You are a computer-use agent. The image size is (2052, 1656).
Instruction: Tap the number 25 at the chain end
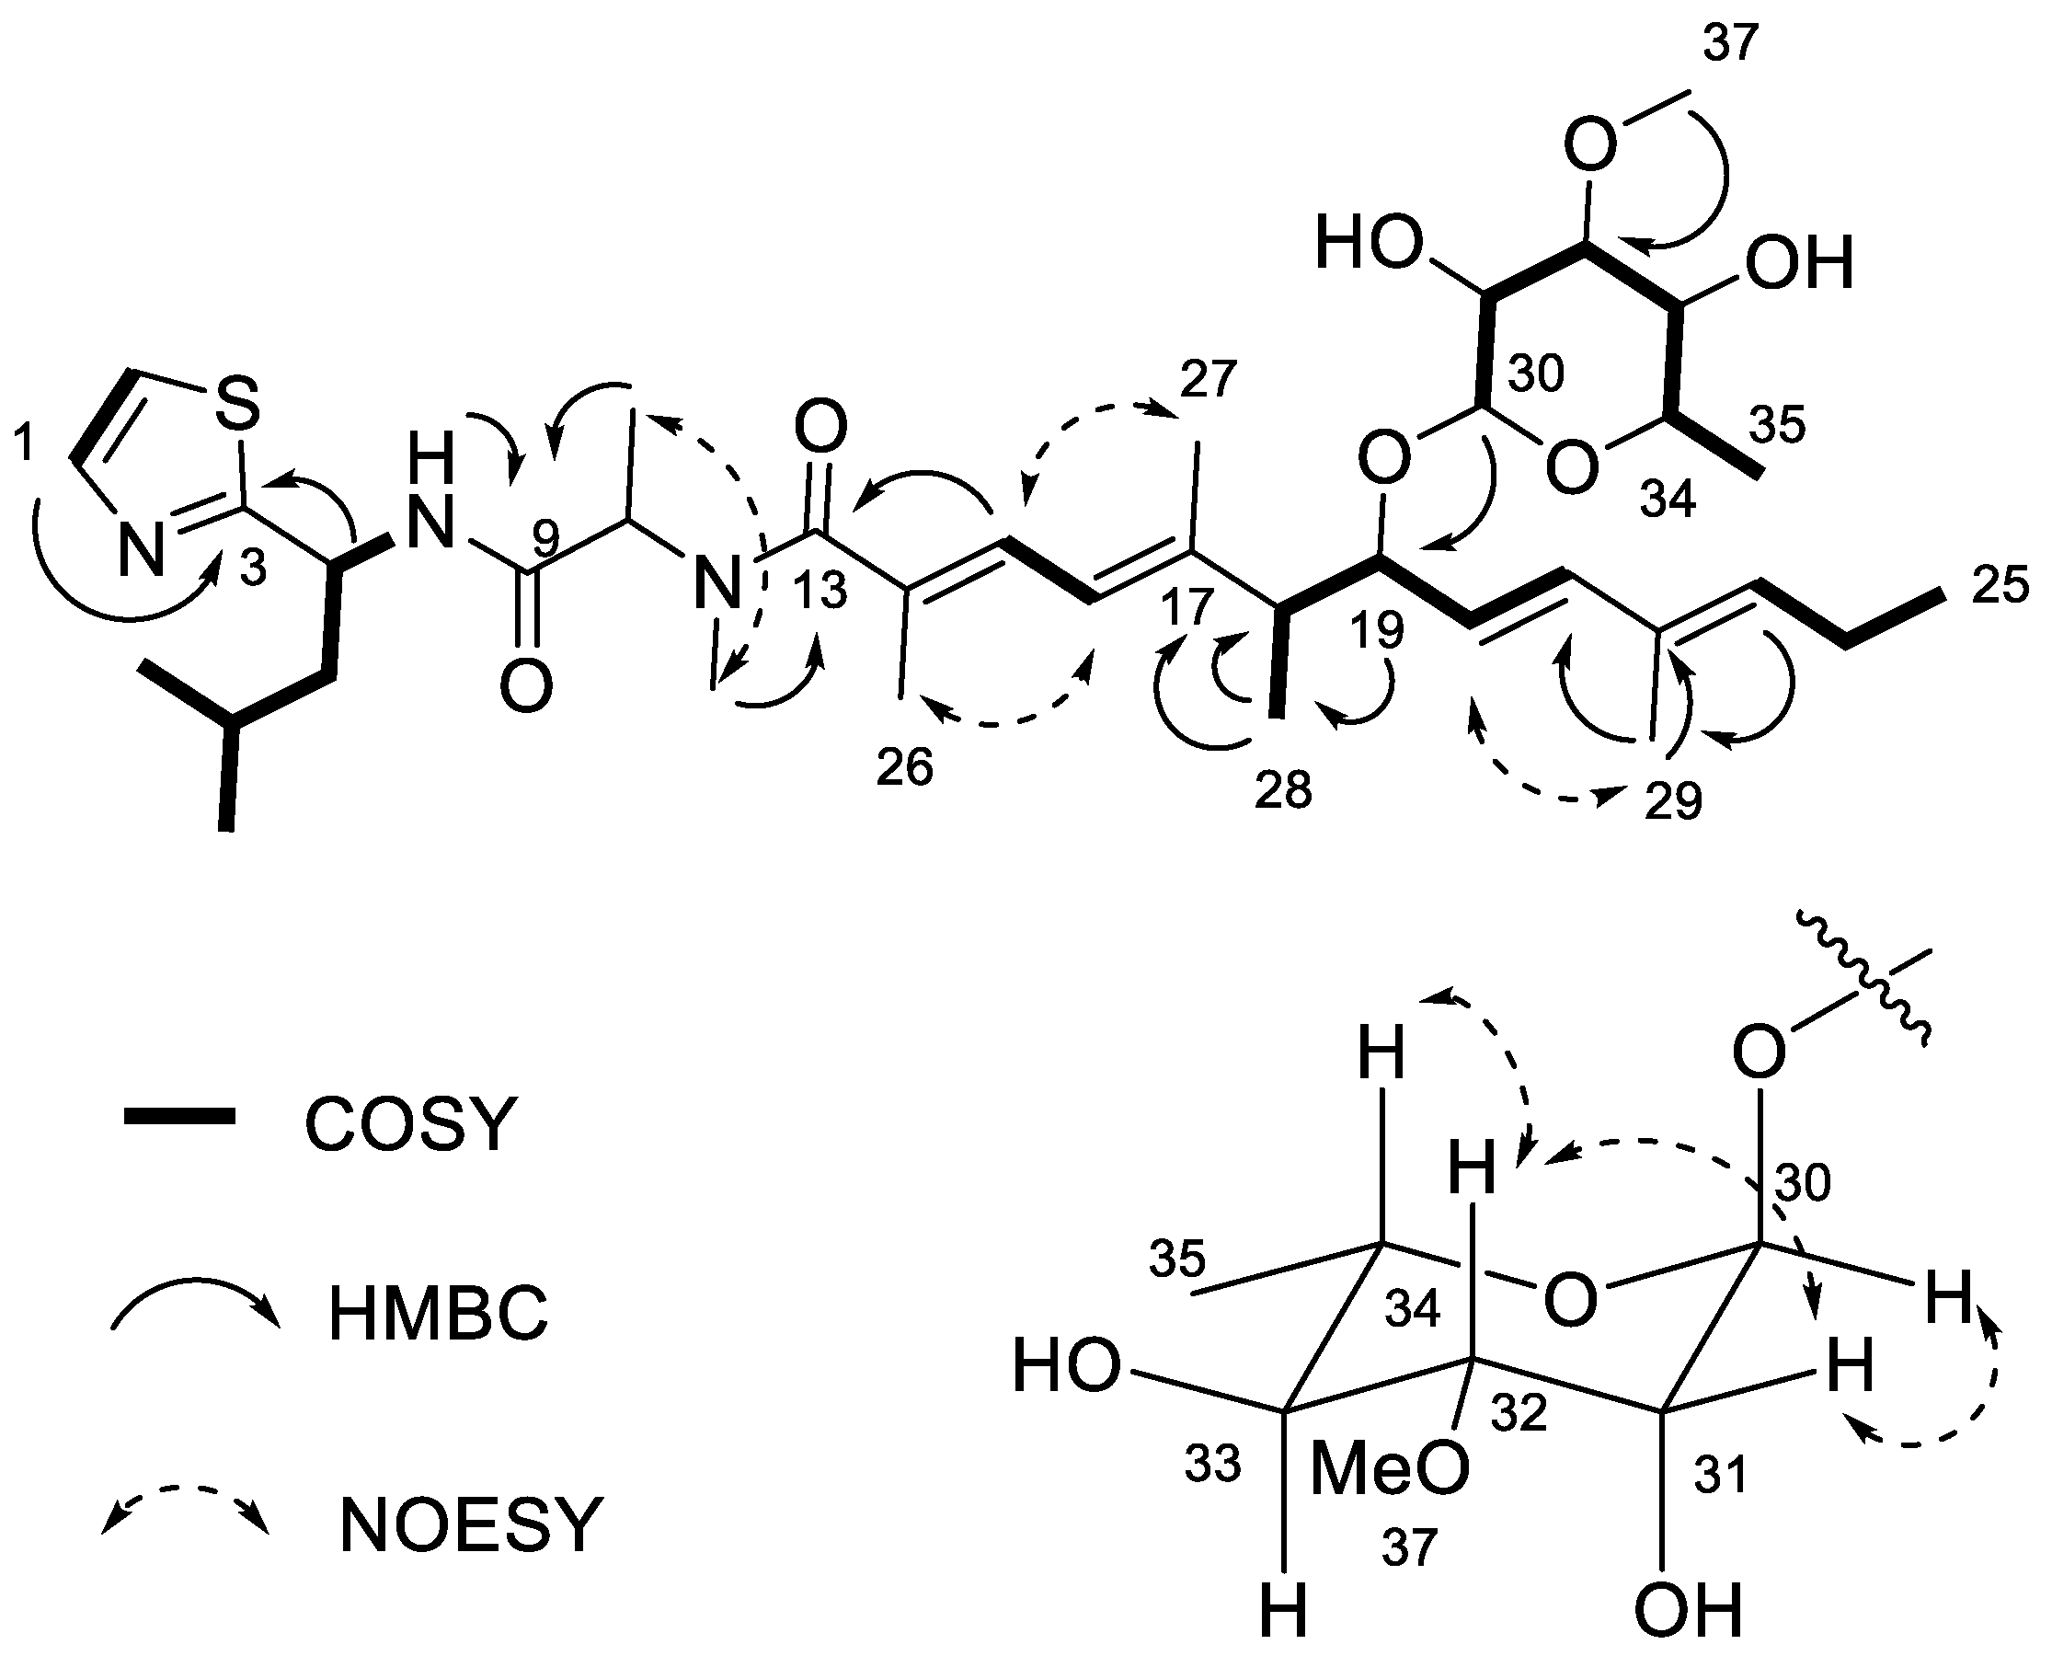pyautogui.click(x=2000, y=584)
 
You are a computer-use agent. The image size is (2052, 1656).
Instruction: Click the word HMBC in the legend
pyautogui.click(x=438, y=1315)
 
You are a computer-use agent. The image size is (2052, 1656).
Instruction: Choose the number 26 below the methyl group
pyautogui.click(x=904, y=767)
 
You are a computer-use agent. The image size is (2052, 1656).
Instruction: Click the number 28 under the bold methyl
pyautogui.click(x=1283, y=788)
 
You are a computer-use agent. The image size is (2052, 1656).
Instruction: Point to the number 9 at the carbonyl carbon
pyautogui.click(x=544, y=540)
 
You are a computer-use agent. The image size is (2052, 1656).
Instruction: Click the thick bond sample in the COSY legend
pyautogui.click(x=179, y=1116)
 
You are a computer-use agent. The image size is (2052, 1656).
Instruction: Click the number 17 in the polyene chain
pyautogui.click(x=1187, y=606)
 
